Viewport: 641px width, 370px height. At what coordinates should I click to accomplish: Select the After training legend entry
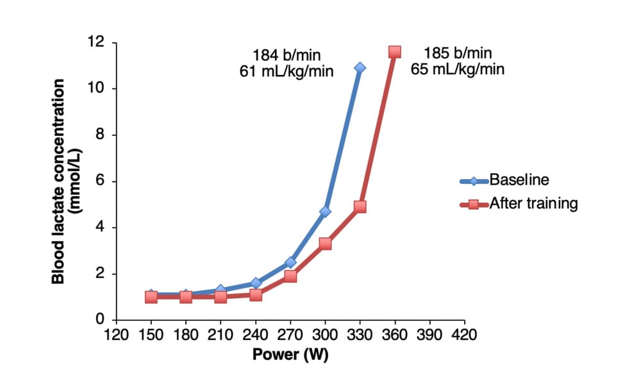pos(519,204)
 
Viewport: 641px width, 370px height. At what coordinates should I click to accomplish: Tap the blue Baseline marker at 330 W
pos(360,67)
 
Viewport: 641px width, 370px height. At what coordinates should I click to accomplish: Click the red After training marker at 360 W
pos(395,51)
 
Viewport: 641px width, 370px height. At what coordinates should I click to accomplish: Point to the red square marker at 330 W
pos(360,206)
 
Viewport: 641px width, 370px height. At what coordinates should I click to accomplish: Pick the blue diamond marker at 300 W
pos(325,211)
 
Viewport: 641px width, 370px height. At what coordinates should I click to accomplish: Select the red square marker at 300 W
pos(325,244)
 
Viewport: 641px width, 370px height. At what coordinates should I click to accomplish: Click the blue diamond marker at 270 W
pos(290,262)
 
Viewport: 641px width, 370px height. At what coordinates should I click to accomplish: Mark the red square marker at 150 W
pos(151,297)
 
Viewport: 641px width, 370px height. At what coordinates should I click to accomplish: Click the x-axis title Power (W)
pos(290,355)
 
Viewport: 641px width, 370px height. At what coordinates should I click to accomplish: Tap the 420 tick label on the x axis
pos(465,334)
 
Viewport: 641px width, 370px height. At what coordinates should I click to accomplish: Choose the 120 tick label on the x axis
pos(116,334)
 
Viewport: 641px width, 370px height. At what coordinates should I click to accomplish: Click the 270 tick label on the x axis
pos(290,334)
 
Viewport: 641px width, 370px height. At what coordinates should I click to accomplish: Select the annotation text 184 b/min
pos(286,55)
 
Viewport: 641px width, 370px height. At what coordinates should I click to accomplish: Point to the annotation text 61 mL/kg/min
pos(286,71)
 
